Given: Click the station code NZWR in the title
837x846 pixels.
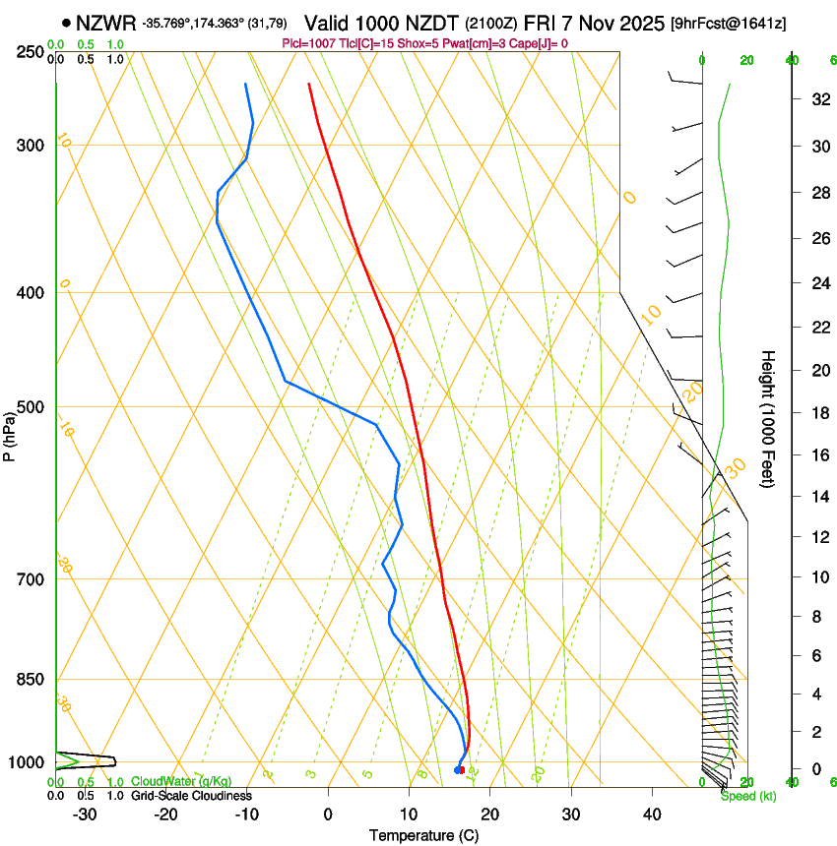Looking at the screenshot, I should pyautogui.click(x=105, y=22).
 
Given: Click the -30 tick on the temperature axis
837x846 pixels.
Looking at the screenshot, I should pyautogui.click(x=85, y=814).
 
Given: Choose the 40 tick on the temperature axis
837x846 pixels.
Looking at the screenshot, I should pyautogui.click(x=651, y=814).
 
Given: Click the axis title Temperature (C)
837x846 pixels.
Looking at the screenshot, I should pyautogui.click(x=423, y=835).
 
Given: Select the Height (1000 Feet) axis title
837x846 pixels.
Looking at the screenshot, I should pyautogui.click(x=767, y=418).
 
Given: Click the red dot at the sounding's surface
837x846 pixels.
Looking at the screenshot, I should pyautogui.click(x=461, y=769).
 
